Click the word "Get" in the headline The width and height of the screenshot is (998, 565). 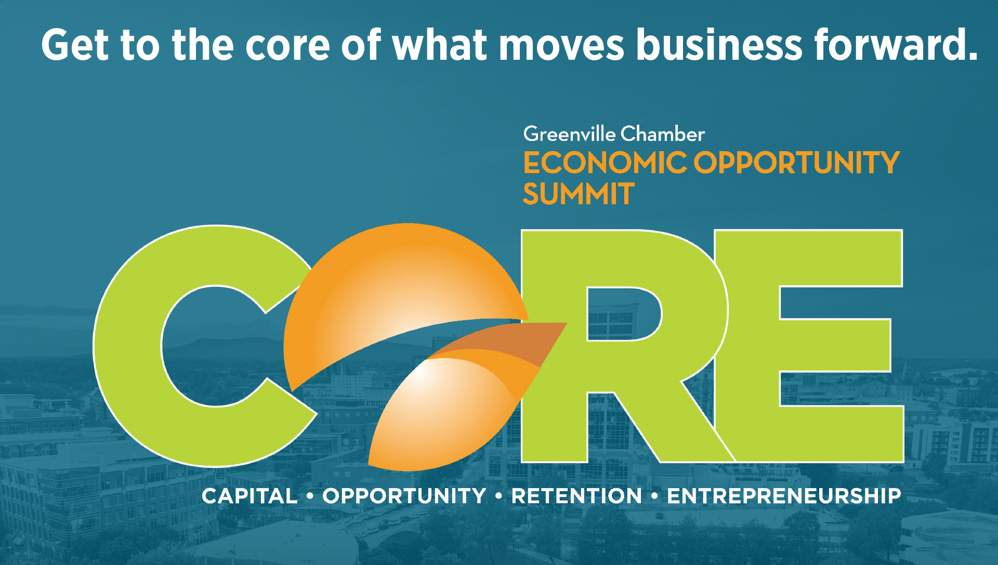pos(75,45)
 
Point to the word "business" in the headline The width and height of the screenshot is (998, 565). pos(719,45)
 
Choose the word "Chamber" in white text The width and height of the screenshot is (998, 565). pos(663,134)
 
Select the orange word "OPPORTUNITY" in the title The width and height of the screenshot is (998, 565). pos(796,163)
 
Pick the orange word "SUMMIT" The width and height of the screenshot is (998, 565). pos(579,194)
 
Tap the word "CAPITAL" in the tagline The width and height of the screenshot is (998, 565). pos(249,496)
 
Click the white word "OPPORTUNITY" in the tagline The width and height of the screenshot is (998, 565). pos(404,496)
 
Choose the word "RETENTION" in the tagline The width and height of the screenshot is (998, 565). pos(576,496)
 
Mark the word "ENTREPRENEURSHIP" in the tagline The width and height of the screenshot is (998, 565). pos(784,496)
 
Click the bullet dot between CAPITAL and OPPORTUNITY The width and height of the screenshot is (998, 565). pos(310,496)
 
